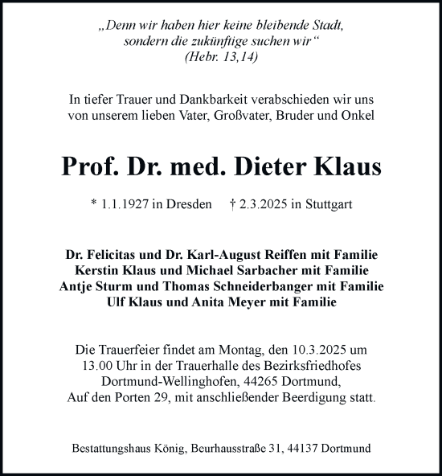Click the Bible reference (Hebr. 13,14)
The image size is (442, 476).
pos(220,57)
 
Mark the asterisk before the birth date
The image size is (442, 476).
pos(94,204)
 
